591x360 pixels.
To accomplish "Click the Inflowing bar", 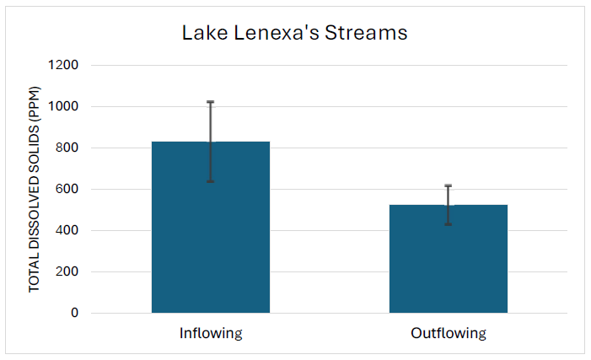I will coord(211,228).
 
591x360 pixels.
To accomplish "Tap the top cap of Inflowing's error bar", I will coord(211,102).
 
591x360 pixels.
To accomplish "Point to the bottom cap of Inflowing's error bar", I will coord(211,181).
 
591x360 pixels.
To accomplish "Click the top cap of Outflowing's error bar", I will coord(448,185).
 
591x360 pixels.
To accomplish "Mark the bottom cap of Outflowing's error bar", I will coord(448,224).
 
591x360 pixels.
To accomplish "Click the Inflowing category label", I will coord(211,333).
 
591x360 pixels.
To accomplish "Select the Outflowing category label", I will coord(448,333).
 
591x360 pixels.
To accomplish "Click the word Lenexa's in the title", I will coord(271,34).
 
